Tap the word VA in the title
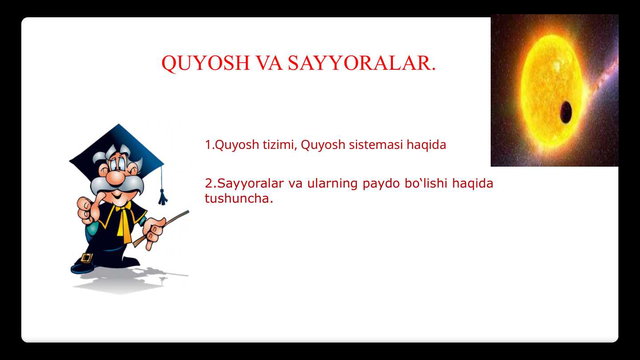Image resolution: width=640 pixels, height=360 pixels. click(269, 64)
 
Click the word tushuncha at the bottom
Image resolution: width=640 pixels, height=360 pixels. click(238, 199)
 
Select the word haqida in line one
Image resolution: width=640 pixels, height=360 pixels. click(427, 145)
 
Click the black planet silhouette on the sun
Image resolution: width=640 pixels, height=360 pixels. click(565, 112)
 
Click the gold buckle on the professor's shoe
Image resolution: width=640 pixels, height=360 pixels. click(87, 258)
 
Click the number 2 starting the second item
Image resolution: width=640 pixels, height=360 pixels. click(208, 183)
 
